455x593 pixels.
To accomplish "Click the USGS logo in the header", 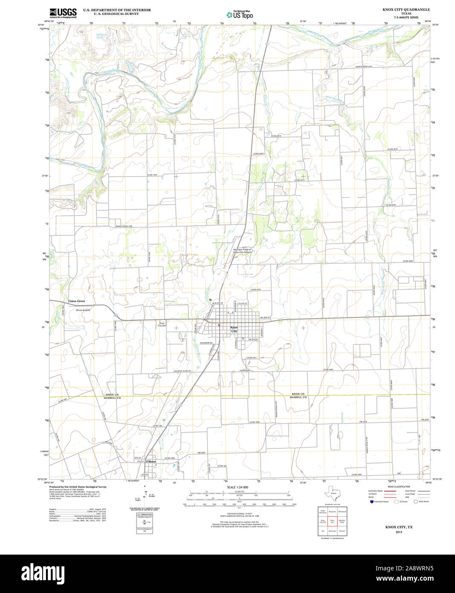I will (x=63, y=13).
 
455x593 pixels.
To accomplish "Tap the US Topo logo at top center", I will (x=240, y=15).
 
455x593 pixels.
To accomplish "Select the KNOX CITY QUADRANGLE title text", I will (x=406, y=9).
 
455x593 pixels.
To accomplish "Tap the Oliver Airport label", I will (x=83, y=310).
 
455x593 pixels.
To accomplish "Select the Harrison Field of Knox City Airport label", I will (x=242, y=251).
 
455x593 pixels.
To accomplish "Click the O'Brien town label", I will (x=151, y=462).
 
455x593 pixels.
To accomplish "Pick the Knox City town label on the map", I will (x=234, y=329).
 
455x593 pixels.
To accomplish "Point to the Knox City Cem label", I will (x=162, y=324).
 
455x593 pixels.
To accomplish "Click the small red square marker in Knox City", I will (x=219, y=325).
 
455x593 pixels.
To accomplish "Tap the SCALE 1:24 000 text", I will (x=238, y=487).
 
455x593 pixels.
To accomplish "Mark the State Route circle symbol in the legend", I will (x=415, y=501).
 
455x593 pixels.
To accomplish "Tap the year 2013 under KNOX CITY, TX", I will (x=399, y=532).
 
